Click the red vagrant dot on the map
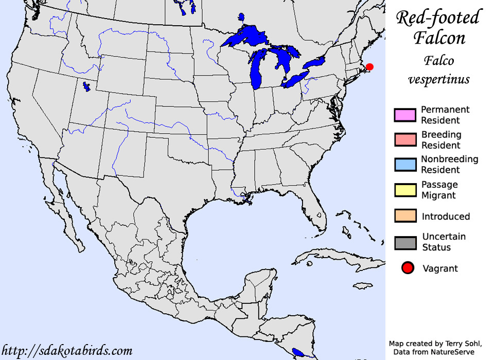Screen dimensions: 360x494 point(369,67)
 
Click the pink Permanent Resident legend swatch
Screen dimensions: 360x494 point(404,115)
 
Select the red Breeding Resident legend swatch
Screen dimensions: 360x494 point(404,140)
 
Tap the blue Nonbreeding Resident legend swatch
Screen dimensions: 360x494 point(404,165)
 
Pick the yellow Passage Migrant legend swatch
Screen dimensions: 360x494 point(404,190)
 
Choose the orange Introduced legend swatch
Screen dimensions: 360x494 point(404,216)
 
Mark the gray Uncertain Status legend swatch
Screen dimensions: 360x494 point(404,242)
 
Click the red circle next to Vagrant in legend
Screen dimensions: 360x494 point(408,268)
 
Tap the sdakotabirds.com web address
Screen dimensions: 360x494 point(67,351)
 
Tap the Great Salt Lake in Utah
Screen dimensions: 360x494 point(88,86)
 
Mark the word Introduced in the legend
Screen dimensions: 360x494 point(446,217)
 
